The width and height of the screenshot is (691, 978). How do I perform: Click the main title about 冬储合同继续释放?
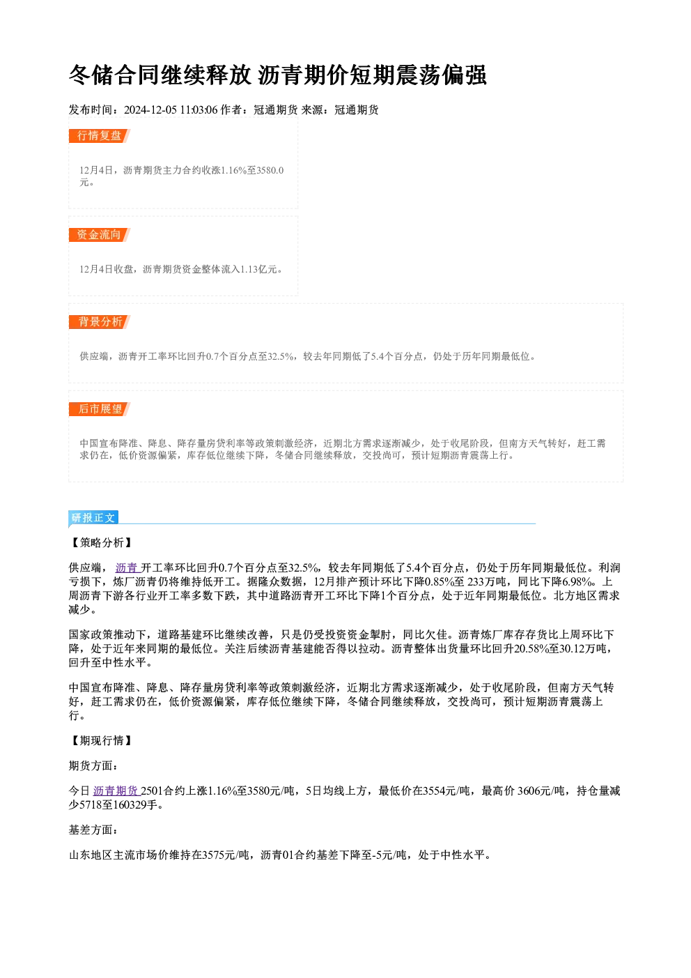[x=277, y=75]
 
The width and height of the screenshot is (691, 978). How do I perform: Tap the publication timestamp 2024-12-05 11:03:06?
[x=171, y=109]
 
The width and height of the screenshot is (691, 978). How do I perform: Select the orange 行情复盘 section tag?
[x=100, y=136]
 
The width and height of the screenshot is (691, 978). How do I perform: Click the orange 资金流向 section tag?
[x=100, y=235]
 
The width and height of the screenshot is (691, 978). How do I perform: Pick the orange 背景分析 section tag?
[x=100, y=322]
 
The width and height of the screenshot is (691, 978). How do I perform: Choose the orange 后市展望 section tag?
[x=100, y=409]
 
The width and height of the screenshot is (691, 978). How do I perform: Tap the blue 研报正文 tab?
[x=93, y=518]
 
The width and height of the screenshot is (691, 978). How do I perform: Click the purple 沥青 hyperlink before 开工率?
[x=127, y=567]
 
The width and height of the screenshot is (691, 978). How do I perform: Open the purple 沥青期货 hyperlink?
[x=116, y=790]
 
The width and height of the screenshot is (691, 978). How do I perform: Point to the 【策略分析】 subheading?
[x=101, y=543]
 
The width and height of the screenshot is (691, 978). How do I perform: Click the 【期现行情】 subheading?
[x=101, y=740]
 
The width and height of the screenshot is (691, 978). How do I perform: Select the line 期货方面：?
[x=94, y=766]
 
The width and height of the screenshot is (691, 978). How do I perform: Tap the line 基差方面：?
[x=94, y=830]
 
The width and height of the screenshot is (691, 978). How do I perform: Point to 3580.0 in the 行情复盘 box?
[x=270, y=170]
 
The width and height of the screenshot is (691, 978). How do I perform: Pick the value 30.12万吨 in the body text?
[x=582, y=649]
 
